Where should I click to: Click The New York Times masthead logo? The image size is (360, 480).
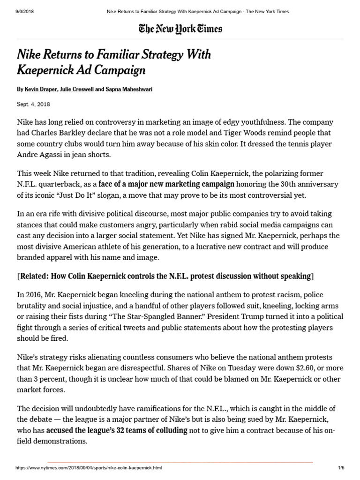[180, 29]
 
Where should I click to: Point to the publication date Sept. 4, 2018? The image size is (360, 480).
[33, 105]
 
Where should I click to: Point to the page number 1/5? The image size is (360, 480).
[341, 468]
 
